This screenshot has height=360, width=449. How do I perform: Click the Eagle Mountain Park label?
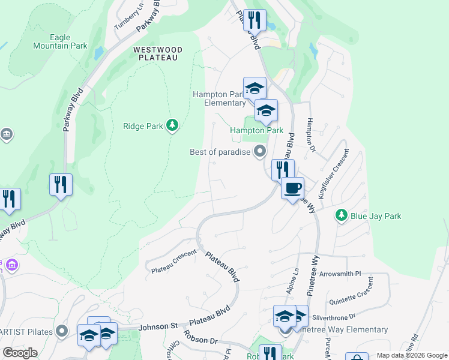tap(60, 41)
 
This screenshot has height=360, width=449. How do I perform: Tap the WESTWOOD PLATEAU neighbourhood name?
tap(157, 53)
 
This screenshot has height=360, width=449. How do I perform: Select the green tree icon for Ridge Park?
tap(172, 125)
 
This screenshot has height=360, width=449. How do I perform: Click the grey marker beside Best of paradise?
tap(260, 151)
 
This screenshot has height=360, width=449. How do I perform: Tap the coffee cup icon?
tap(292, 188)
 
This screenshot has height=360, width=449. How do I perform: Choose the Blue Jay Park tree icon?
tap(341, 215)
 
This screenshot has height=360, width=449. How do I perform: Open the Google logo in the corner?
tap(20, 353)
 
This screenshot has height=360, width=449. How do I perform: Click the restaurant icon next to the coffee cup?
tap(282, 169)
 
